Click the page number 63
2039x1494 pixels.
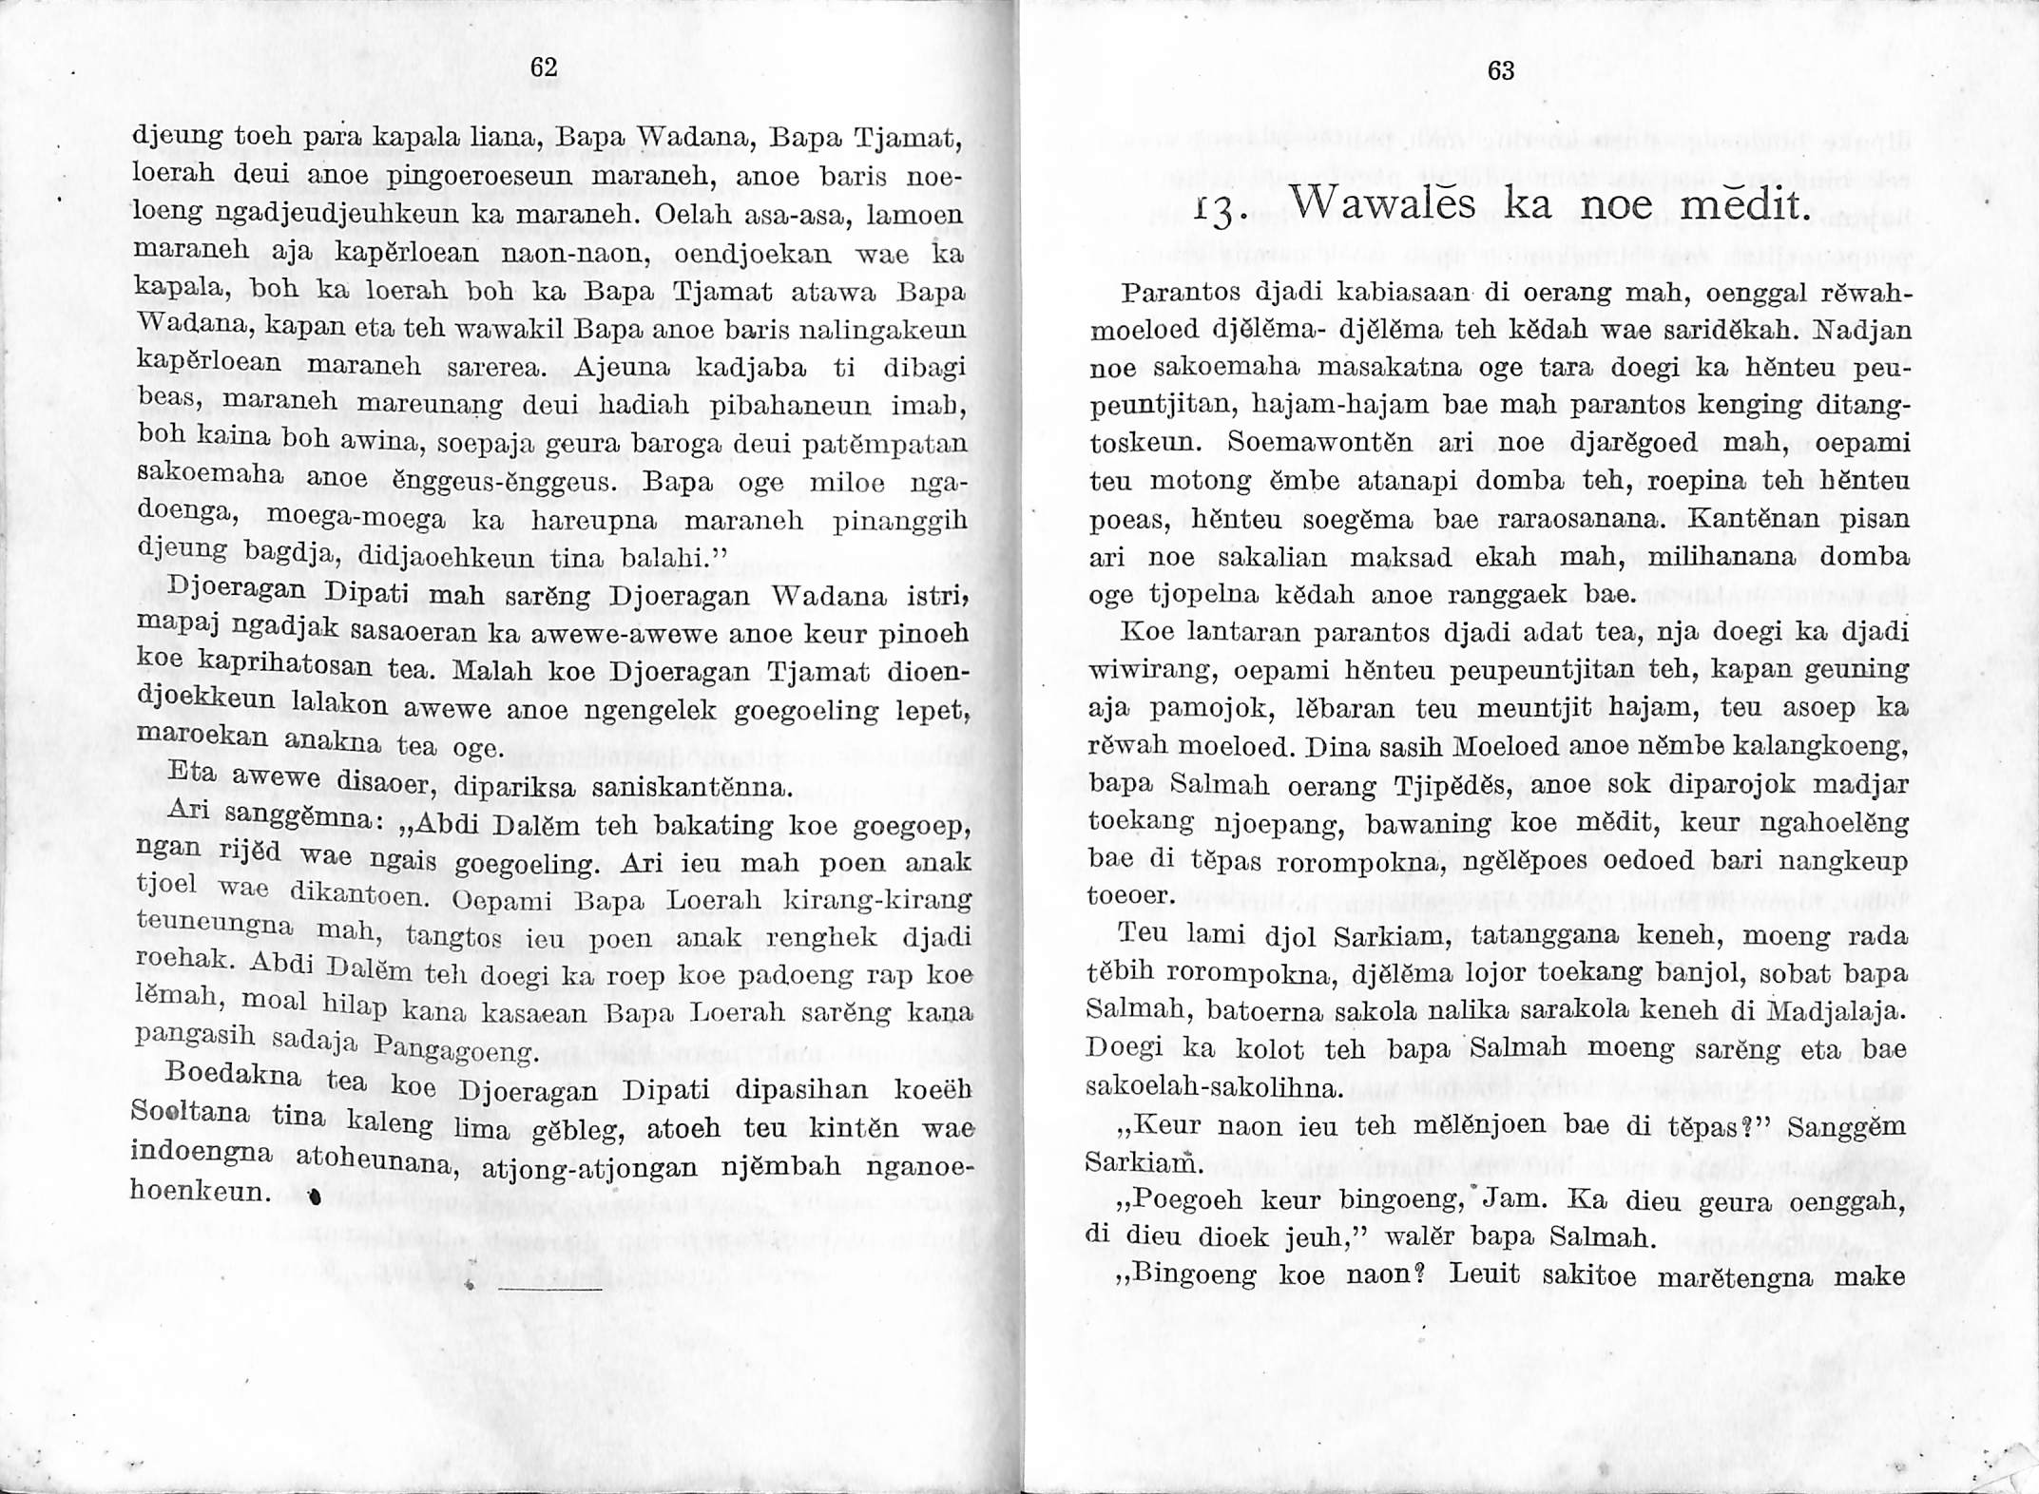[1500, 70]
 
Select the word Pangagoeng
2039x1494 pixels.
[457, 1051]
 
